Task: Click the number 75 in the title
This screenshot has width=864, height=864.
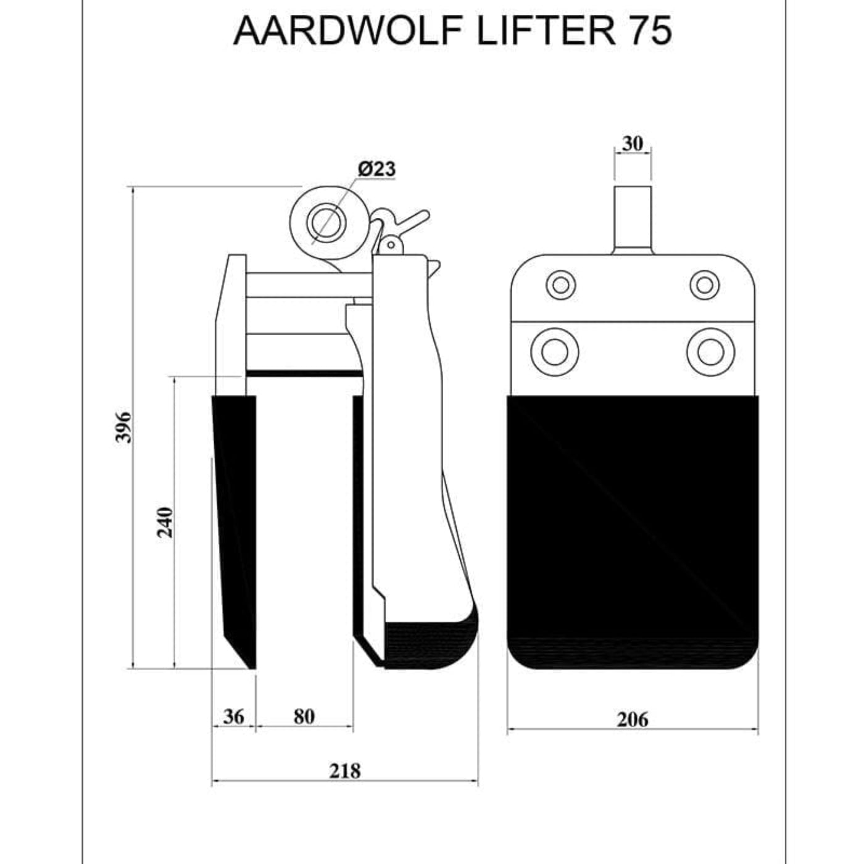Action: (x=650, y=30)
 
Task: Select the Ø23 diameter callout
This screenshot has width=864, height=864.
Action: (x=376, y=168)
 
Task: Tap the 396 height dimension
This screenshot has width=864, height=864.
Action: (x=125, y=426)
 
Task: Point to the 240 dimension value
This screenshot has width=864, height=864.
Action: (x=165, y=522)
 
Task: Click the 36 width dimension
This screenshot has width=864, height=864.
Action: (x=233, y=717)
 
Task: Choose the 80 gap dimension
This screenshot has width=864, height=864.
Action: (x=304, y=717)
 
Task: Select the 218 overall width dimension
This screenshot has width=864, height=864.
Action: (x=344, y=771)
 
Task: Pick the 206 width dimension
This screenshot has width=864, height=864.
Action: (x=633, y=720)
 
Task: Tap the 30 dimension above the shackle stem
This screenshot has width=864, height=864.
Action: (x=633, y=143)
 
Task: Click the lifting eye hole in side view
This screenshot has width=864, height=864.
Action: (x=325, y=222)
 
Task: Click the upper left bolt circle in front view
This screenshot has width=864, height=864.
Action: (x=561, y=285)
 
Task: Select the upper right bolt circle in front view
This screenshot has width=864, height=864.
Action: (x=704, y=285)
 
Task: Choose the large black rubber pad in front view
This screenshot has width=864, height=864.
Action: (x=633, y=525)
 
